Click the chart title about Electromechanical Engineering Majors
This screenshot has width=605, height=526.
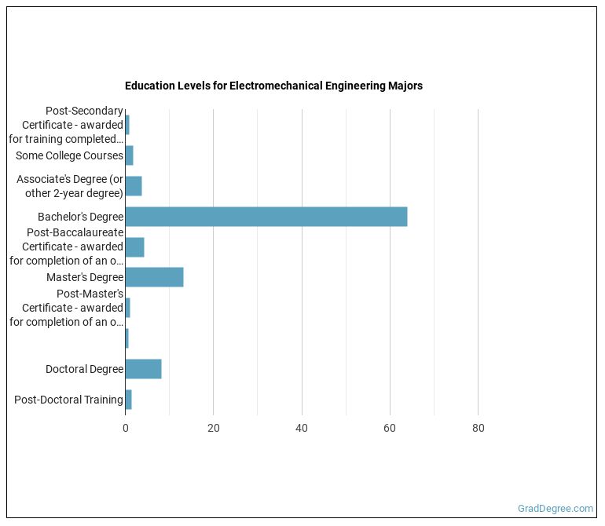pyautogui.click(x=273, y=86)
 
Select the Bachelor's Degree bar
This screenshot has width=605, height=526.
pyautogui.click(x=266, y=216)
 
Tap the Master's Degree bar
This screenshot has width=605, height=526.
pyautogui.click(x=154, y=277)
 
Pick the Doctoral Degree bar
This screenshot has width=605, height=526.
pyautogui.click(x=143, y=369)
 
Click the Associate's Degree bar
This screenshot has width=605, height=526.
pyautogui.click(x=134, y=186)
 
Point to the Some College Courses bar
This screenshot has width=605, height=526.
pyautogui.click(x=129, y=155)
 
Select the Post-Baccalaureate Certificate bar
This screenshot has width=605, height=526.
pyautogui.click(x=134, y=247)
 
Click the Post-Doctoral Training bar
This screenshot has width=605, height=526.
pyautogui.click(x=128, y=400)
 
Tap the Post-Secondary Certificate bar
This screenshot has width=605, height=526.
pyautogui.click(x=127, y=125)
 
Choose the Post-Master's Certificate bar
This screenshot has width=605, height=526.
pyautogui.click(x=127, y=308)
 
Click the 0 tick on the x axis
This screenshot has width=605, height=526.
pyautogui.click(x=125, y=428)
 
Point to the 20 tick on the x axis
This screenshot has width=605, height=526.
pyautogui.click(x=213, y=428)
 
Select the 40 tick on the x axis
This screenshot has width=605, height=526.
pyautogui.click(x=302, y=428)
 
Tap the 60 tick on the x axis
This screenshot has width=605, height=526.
pyautogui.click(x=390, y=428)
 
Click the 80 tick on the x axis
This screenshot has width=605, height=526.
pyautogui.click(x=478, y=428)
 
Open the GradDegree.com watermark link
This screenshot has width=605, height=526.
pyautogui.click(x=555, y=509)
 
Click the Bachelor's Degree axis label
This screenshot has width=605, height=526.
pyautogui.click(x=80, y=217)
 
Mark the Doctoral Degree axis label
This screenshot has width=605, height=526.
pyautogui.click(x=84, y=369)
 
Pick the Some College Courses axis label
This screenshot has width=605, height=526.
pyautogui.click(x=69, y=155)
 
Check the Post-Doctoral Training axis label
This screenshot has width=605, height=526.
pyautogui.click(x=68, y=400)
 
